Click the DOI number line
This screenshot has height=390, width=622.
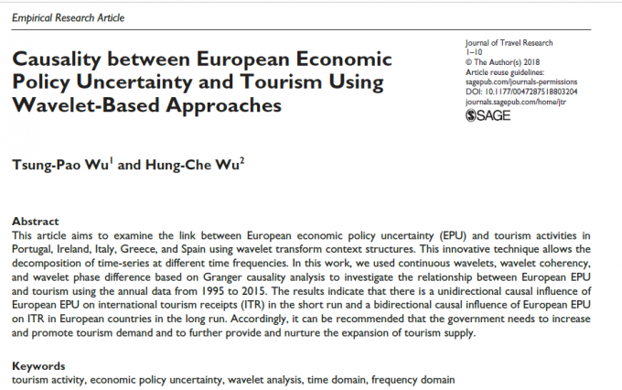click(511, 92)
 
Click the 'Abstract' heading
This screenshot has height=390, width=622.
click(35, 222)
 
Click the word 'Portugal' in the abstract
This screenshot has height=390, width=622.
click(34, 250)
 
